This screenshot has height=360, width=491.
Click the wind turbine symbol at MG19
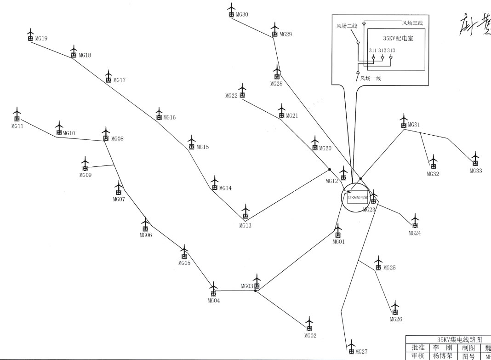pos(30,35)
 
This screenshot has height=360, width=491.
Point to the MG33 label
pos(476,171)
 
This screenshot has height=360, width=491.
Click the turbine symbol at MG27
pos(352,348)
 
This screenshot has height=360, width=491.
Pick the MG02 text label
pos(310,336)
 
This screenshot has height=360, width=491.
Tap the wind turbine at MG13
pos(245,212)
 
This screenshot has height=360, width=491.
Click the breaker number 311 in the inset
pos(373,50)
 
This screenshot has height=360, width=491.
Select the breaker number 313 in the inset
pos(391,50)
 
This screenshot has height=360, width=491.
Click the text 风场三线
pos(412,23)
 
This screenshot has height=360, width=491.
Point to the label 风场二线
pos(346,26)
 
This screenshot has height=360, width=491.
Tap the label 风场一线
pos(371,78)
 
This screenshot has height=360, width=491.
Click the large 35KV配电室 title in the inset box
pos(398,39)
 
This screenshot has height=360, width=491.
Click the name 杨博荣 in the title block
pos(440,355)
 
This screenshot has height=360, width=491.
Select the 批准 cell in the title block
pos(418,347)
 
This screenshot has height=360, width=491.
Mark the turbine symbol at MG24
pos(415,222)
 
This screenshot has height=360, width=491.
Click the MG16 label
pos(170,118)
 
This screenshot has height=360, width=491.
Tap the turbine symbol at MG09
pos(85,165)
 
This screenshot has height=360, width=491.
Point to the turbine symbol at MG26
pos(395,308)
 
